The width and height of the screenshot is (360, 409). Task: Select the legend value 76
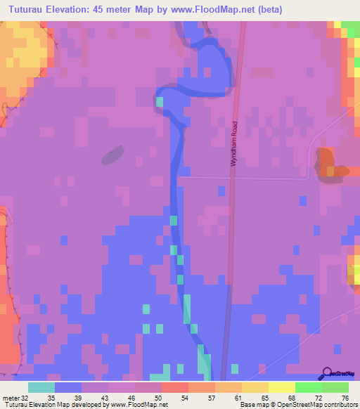click(x=344, y=397)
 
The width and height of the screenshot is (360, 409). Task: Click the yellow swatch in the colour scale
click(x=281, y=387)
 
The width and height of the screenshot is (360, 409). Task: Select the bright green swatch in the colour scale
click(x=308, y=387)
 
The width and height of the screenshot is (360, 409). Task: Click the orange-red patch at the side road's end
click(x=327, y=163)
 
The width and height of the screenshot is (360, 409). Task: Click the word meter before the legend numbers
click(x=9, y=397)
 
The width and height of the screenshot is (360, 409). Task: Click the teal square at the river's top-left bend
click(x=160, y=102)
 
